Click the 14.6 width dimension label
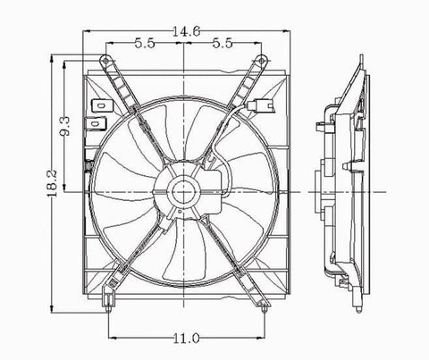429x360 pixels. (x=187, y=31)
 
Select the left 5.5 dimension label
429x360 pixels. (x=145, y=44)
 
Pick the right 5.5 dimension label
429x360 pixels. (x=223, y=44)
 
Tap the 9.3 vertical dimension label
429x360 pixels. (x=65, y=126)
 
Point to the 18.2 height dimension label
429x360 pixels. (x=52, y=183)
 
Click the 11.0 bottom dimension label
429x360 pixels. (x=186, y=339)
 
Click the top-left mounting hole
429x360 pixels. (x=105, y=61)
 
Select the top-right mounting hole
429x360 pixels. (x=261, y=61)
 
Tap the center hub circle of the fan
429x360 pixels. (x=183, y=192)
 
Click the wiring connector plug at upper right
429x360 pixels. (x=259, y=105)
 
